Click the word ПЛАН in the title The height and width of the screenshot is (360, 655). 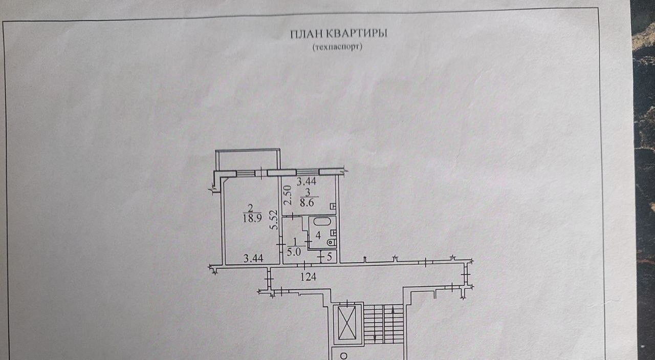pos(307,34)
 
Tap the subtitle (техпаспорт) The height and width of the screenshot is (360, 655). pos(337,47)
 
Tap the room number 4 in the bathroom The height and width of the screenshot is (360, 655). pos(318,237)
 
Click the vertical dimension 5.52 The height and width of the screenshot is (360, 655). pos(275,220)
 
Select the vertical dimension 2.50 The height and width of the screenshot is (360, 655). pos(288,195)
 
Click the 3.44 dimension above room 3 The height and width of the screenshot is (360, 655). pos(307,181)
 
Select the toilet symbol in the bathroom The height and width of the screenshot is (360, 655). pos(332,241)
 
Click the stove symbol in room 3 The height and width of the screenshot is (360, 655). pos(333,206)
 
